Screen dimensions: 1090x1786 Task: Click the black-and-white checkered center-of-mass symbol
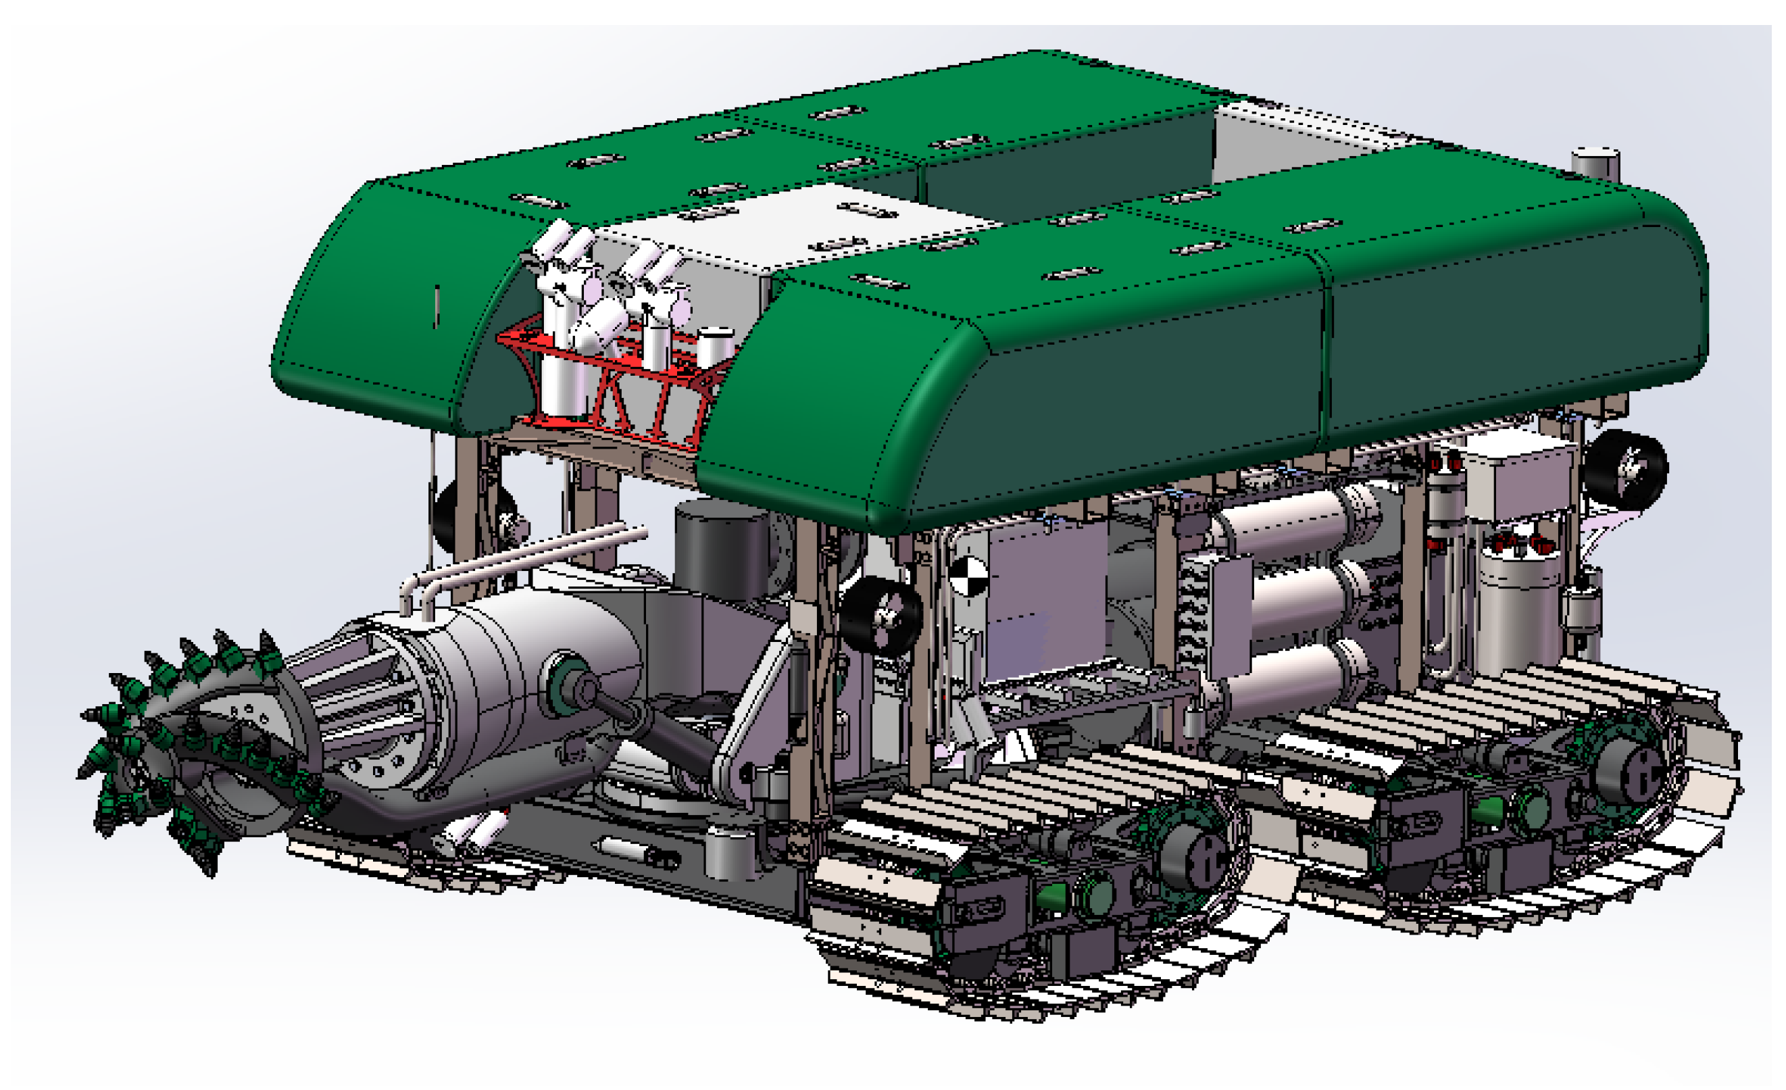click(968, 576)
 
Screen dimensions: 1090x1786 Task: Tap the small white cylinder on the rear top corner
click(1595, 163)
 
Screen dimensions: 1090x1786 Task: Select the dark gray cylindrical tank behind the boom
click(721, 551)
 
